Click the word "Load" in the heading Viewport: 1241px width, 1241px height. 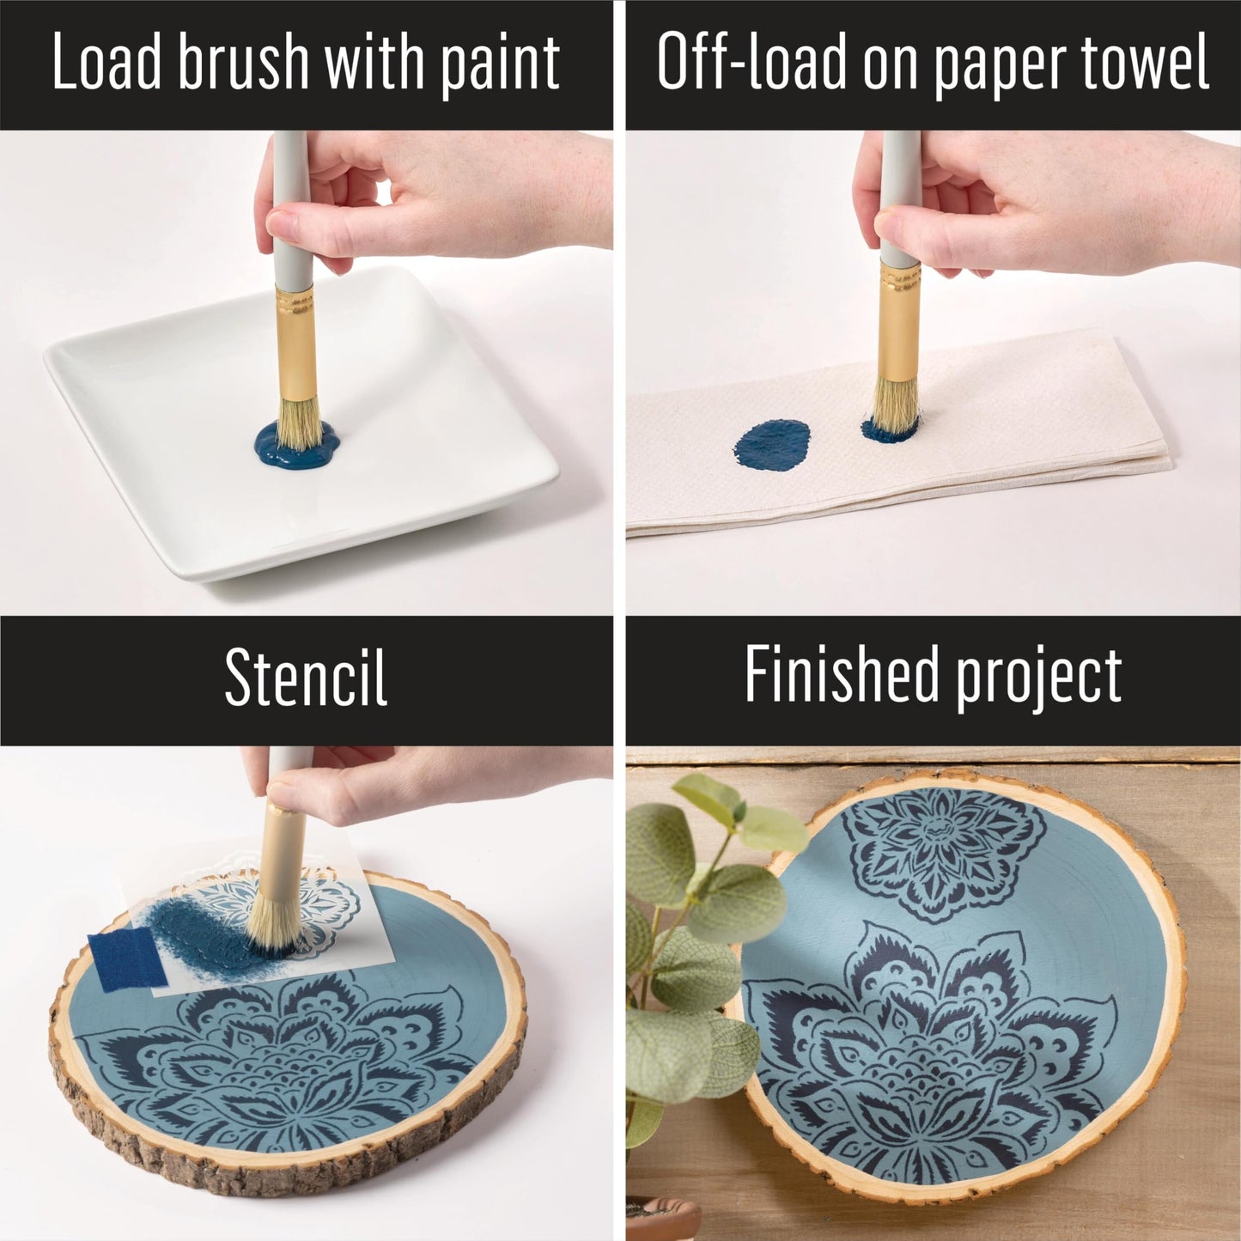tap(106, 63)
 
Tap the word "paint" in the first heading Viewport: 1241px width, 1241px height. tap(501, 64)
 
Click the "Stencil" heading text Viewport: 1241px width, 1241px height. tap(306, 678)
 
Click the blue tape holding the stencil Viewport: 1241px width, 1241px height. tap(126, 959)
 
